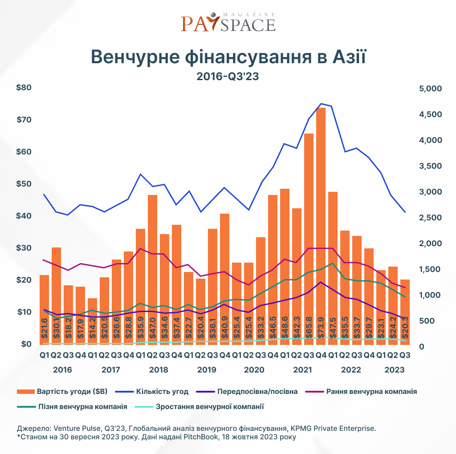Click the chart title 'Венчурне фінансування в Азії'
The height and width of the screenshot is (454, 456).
[228, 58]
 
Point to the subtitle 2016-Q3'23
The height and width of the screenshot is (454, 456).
[228, 77]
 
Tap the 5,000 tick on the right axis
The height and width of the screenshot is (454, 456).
[430, 89]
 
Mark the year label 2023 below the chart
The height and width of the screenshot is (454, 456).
[395, 370]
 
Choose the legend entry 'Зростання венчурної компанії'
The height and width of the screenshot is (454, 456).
[210, 406]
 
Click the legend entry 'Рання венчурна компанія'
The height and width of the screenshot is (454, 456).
[371, 392]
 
